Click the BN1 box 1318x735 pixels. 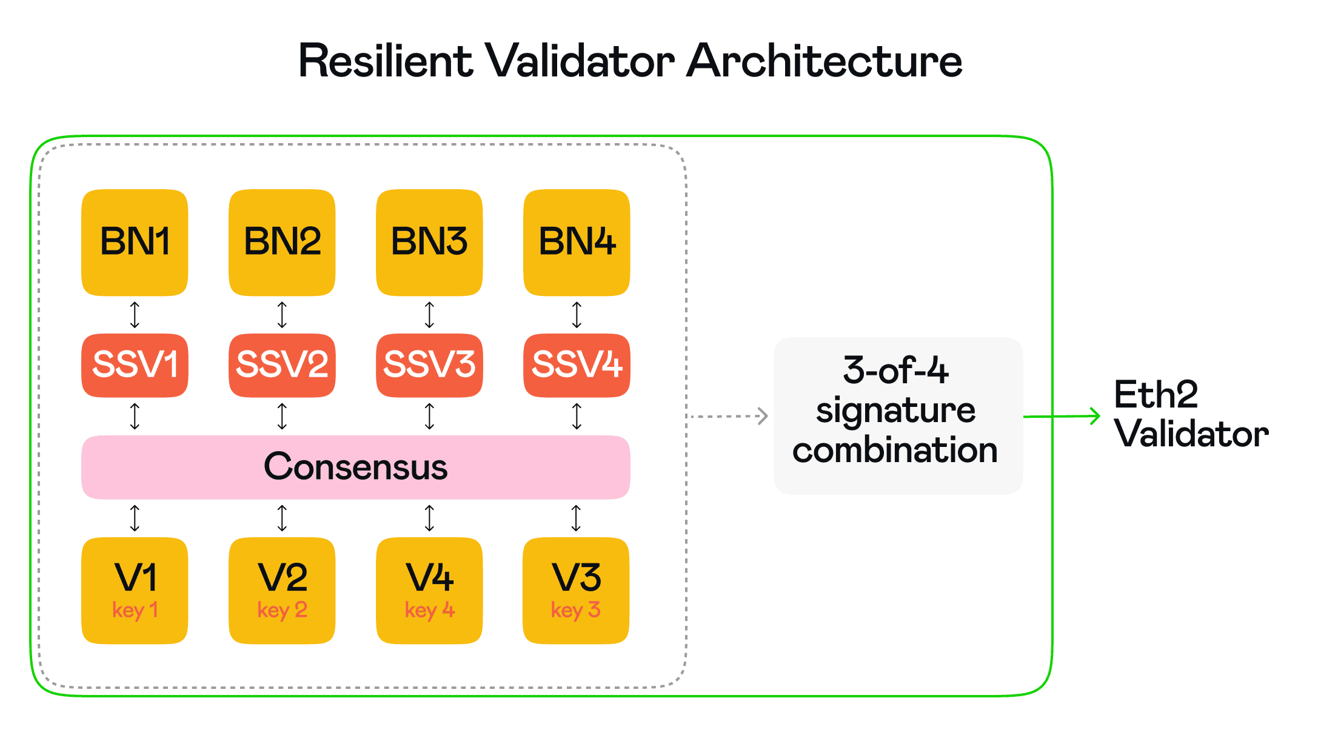click(x=135, y=243)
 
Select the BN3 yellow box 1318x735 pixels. click(x=429, y=243)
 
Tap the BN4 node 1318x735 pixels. click(x=577, y=243)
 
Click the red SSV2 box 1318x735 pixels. click(x=282, y=365)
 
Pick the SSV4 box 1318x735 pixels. click(x=577, y=365)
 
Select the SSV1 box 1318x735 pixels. click(x=135, y=365)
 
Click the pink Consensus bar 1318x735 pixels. click(x=355, y=467)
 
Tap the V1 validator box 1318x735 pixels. click(x=135, y=589)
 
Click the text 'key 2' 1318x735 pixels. click(x=282, y=609)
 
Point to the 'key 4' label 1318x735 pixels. click(x=429, y=609)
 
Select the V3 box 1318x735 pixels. click(x=576, y=589)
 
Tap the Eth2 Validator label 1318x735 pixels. click(x=1191, y=414)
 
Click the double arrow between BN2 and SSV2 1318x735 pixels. click(x=282, y=315)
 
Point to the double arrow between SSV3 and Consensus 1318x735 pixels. click(x=429, y=416)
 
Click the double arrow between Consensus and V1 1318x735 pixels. click(x=135, y=518)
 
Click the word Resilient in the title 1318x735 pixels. click(x=386, y=62)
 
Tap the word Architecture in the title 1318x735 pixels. click(x=824, y=62)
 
